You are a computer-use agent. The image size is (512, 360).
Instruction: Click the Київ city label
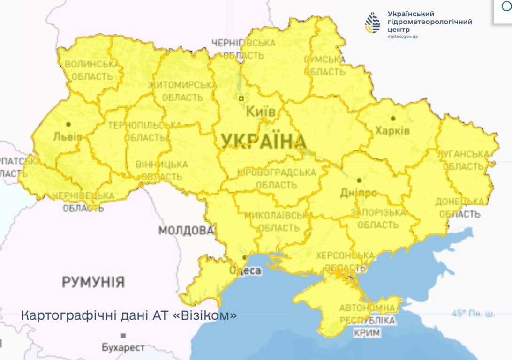(261, 112)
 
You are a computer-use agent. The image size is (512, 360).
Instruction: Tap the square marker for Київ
(241, 98)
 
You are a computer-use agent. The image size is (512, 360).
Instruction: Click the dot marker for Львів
(68, 124)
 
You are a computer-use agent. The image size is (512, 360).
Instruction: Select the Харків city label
(392, 130)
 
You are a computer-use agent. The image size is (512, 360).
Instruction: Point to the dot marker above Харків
(393, 118)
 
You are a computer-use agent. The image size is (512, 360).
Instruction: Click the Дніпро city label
(359, 193)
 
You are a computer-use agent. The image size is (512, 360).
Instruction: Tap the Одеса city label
(245, 270)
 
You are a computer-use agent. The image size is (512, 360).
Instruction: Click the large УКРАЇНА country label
(263, 141)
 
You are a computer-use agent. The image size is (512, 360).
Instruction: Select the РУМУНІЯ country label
(93, 282)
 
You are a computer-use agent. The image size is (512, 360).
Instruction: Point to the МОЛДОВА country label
(186, 231)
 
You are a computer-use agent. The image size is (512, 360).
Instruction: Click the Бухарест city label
(123, 348)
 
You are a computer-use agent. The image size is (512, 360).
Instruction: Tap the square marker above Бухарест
(123, 336)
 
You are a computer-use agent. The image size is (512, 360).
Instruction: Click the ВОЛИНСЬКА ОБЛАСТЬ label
(92, 70)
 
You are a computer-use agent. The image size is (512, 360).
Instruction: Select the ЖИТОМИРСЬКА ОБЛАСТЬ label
(182, 91)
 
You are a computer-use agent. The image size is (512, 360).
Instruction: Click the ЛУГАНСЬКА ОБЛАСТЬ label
(463, 160)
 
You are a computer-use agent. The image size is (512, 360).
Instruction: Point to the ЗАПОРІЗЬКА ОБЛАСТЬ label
(381, 218)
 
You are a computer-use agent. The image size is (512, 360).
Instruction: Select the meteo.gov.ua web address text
(403, 37)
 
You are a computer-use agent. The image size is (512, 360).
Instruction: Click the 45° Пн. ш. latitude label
(473, 314)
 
